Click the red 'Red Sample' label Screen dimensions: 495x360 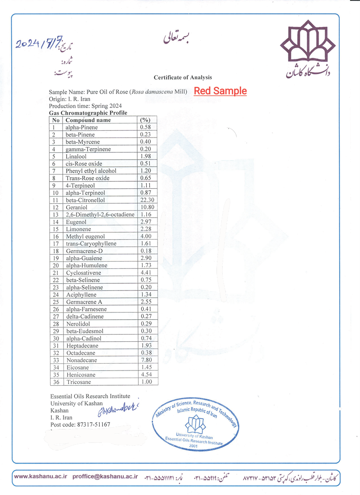[220, 91]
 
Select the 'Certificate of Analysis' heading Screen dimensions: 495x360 [183, 77]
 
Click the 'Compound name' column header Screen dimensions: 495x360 [88, 120]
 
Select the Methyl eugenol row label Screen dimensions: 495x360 [85, 236]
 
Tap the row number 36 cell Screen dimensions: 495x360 [56, 382]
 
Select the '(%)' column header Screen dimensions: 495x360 [145, 120]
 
